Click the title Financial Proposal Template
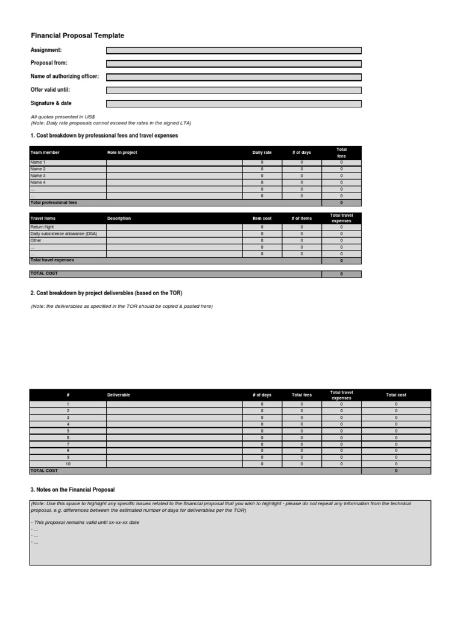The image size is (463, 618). click(77, 36)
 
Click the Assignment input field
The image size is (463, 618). click(234, 51)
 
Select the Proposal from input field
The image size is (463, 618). click(234, 63)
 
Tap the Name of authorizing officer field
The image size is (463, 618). click(234, 77)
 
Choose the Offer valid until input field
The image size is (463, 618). click(234, 90)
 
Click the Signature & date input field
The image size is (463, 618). click(234, 104)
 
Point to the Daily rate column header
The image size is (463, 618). click(262, 153)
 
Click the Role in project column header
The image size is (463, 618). click(122, 153)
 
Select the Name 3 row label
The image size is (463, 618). click(38, 176)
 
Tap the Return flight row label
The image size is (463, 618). click(42, 227)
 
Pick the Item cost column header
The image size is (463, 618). click(262, 218)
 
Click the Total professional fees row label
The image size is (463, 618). click(54, 203)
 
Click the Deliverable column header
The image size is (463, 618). click(118, 395)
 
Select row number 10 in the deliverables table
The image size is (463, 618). click(68, 464)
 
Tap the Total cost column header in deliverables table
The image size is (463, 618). click(396, 395)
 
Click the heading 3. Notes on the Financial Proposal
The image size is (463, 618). click(72, 489)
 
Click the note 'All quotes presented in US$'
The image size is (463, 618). click(63, 116)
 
